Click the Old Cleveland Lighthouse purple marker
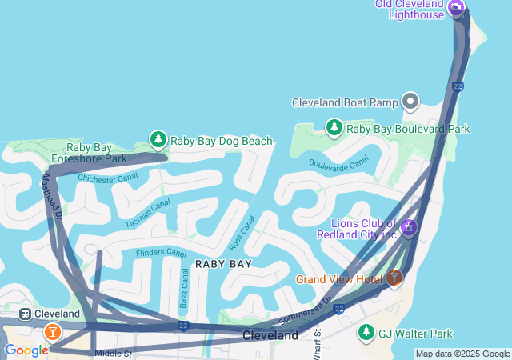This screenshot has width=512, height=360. click(x=456, y=9)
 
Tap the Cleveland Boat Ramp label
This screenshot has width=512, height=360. click(x=345, y=102)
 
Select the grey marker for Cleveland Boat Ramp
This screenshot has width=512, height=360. click(x=411, y=101)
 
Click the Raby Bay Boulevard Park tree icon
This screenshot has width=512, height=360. click(x=334, y=127)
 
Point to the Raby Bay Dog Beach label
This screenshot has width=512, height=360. click(x=222, y=142)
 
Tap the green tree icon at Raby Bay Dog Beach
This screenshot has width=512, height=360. click(x=158, y=141)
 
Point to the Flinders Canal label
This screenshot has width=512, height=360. click(x=161, y=253)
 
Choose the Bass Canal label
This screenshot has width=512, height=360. click(x=184, y=288)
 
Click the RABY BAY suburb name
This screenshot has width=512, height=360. click(x=224, y=263)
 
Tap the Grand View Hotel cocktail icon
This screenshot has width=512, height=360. click(x=394, y=278)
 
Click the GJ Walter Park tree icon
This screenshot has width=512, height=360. click(x=366, y=332)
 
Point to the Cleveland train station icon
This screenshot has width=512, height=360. click(x=26, y=314)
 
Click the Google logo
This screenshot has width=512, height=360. click(x=26, y=350)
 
